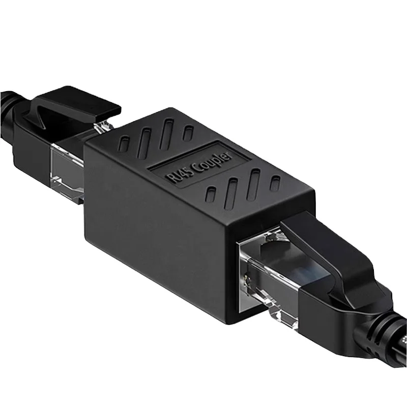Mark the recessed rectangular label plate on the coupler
[x=198, y=168]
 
